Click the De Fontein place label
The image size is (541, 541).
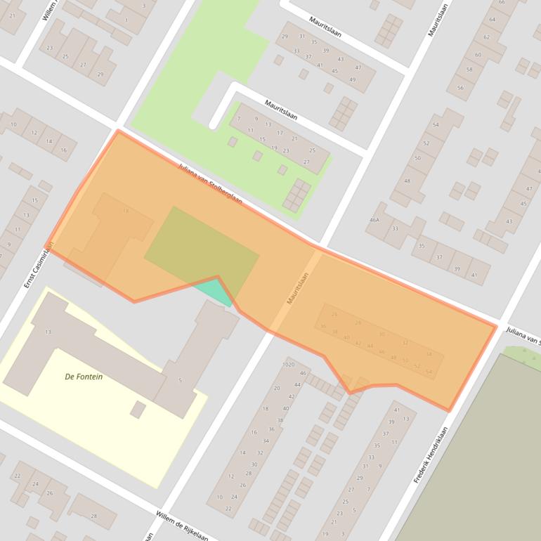point(84,377)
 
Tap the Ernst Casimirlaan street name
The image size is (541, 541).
point(39,264)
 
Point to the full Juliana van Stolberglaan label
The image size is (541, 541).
point(210,185)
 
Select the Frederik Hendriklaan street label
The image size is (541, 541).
point(431,448)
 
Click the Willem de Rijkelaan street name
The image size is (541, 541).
point(182,524)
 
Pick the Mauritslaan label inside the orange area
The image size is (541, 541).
point(298,288)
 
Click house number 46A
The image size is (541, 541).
point(374,220)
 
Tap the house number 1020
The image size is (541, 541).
point(288,365)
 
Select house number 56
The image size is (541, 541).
point(460,88)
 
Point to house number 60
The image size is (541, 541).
point(478,55)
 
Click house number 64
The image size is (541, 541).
point(493,19)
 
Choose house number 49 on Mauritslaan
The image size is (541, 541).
point(353,79)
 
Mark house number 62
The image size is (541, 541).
point(486,37)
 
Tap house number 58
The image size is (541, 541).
point(469,70)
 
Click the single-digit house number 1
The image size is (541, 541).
point(126,20)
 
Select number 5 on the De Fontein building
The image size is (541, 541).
point(181,380)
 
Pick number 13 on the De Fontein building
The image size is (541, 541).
point(48,332)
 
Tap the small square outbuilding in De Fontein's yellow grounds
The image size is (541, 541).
point(138,410)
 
